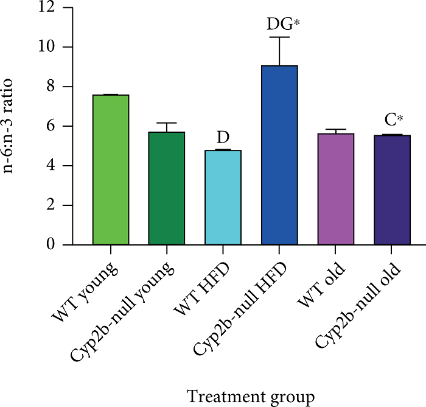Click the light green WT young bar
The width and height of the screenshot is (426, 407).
tap(111, 170)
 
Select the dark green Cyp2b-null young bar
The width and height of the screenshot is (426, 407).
tap(167, 188)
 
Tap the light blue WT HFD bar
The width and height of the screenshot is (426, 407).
tap(223, 197)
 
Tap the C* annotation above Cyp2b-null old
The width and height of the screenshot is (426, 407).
tap(392, 119)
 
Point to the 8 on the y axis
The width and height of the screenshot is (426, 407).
tap(51, 87)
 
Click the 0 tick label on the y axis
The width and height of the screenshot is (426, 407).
tap(51, 245)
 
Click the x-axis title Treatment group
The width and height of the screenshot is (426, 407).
tap(250, 397)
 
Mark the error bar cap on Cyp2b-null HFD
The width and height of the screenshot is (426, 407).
tap(279, 37)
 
